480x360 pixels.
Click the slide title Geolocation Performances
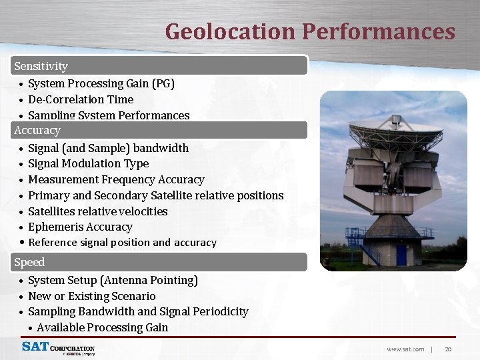(x=310, y=31)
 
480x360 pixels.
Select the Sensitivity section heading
(x=41, y=66)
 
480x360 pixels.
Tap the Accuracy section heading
(x=37, y=130)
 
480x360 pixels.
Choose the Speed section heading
(x=29, y=262)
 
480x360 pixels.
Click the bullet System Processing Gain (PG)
(x=101, y=83)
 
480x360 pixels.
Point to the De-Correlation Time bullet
(x=81, y=99)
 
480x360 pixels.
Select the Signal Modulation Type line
(x=88, y=163)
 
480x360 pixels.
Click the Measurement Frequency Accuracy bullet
(x=116, y=179)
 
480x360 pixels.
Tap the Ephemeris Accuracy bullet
(x=80, y=227)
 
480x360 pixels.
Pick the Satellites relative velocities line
(x=97, y=211)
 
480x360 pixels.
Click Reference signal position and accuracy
(x=122, y=243)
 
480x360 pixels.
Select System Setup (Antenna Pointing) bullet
(x=113, y=280)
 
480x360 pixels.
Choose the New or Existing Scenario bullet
(x=91, y=296)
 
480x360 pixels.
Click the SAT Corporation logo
(x=58, y=348)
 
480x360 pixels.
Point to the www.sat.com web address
(x=405, y=349)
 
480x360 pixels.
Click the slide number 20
(x=448, y=349)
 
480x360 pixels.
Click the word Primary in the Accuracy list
(x=48, y=195)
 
